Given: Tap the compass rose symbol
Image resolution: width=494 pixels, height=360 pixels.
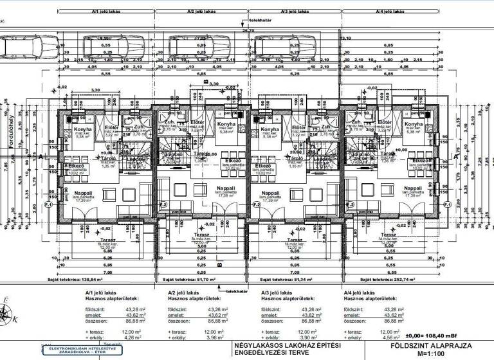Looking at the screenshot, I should pos(8,314).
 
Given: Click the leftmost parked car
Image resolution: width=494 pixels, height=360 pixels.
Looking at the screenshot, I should pos(19,46).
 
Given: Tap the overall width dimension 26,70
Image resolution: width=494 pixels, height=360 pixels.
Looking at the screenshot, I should pos(248,31).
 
